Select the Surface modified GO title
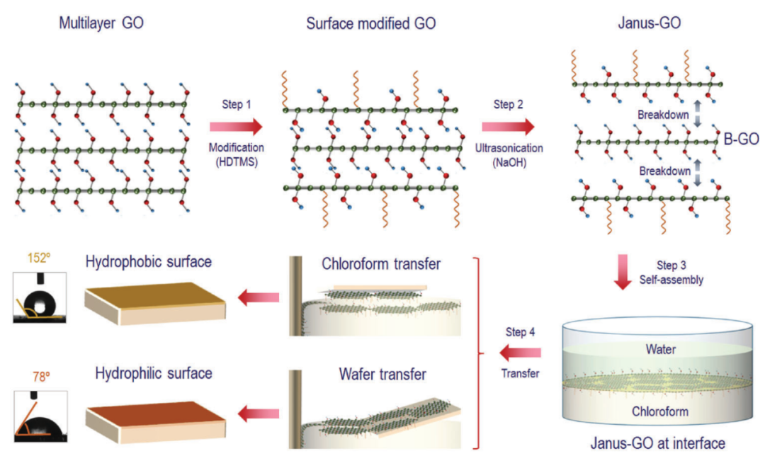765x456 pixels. click(x=370, y=23)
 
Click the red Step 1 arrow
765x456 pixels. click(x=236, y=127)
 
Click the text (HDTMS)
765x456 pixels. click(x=237, y=163)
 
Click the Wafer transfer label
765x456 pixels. click(x=375, y=375)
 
